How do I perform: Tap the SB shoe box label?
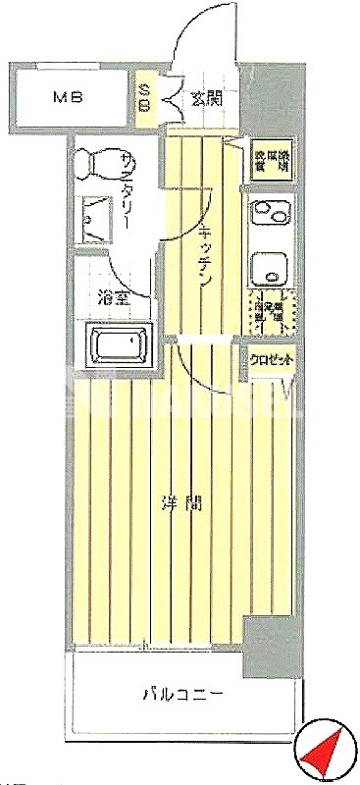click(145, 98)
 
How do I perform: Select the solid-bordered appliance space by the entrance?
click(272, 159)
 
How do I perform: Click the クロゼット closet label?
click(272, 360)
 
